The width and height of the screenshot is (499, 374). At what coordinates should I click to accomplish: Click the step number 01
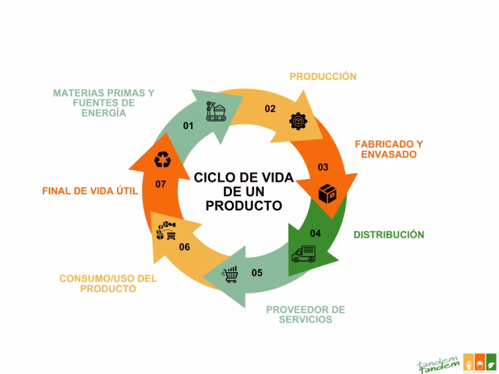(x=188, y=126)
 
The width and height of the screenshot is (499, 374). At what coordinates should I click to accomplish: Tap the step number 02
(x=270, y=109)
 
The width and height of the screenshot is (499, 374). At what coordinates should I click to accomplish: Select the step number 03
(x=323, y=168)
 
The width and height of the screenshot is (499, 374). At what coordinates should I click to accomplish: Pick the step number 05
(x=257, y=273)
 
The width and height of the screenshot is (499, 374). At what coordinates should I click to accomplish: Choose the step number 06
(x=185, y=247)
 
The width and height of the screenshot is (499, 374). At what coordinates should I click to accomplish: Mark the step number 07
(x=161, y=184)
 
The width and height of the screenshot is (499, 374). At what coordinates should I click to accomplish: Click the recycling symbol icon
(x=162, y=158)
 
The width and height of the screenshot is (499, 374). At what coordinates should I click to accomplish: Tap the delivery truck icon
(x=303, y=253)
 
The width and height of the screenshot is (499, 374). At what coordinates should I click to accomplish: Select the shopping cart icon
(x=230, y=275)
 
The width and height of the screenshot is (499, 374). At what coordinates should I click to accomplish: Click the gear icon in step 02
(x=296, y=121)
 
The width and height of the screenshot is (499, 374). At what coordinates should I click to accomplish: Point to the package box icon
(x=327, y=193)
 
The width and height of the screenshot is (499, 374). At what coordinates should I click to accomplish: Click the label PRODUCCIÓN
(x=323, y=77)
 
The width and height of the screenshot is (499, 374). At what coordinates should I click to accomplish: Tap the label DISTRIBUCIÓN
(x=389, y=234)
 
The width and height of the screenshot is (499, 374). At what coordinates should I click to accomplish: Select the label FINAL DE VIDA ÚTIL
(x=90, y=192)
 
